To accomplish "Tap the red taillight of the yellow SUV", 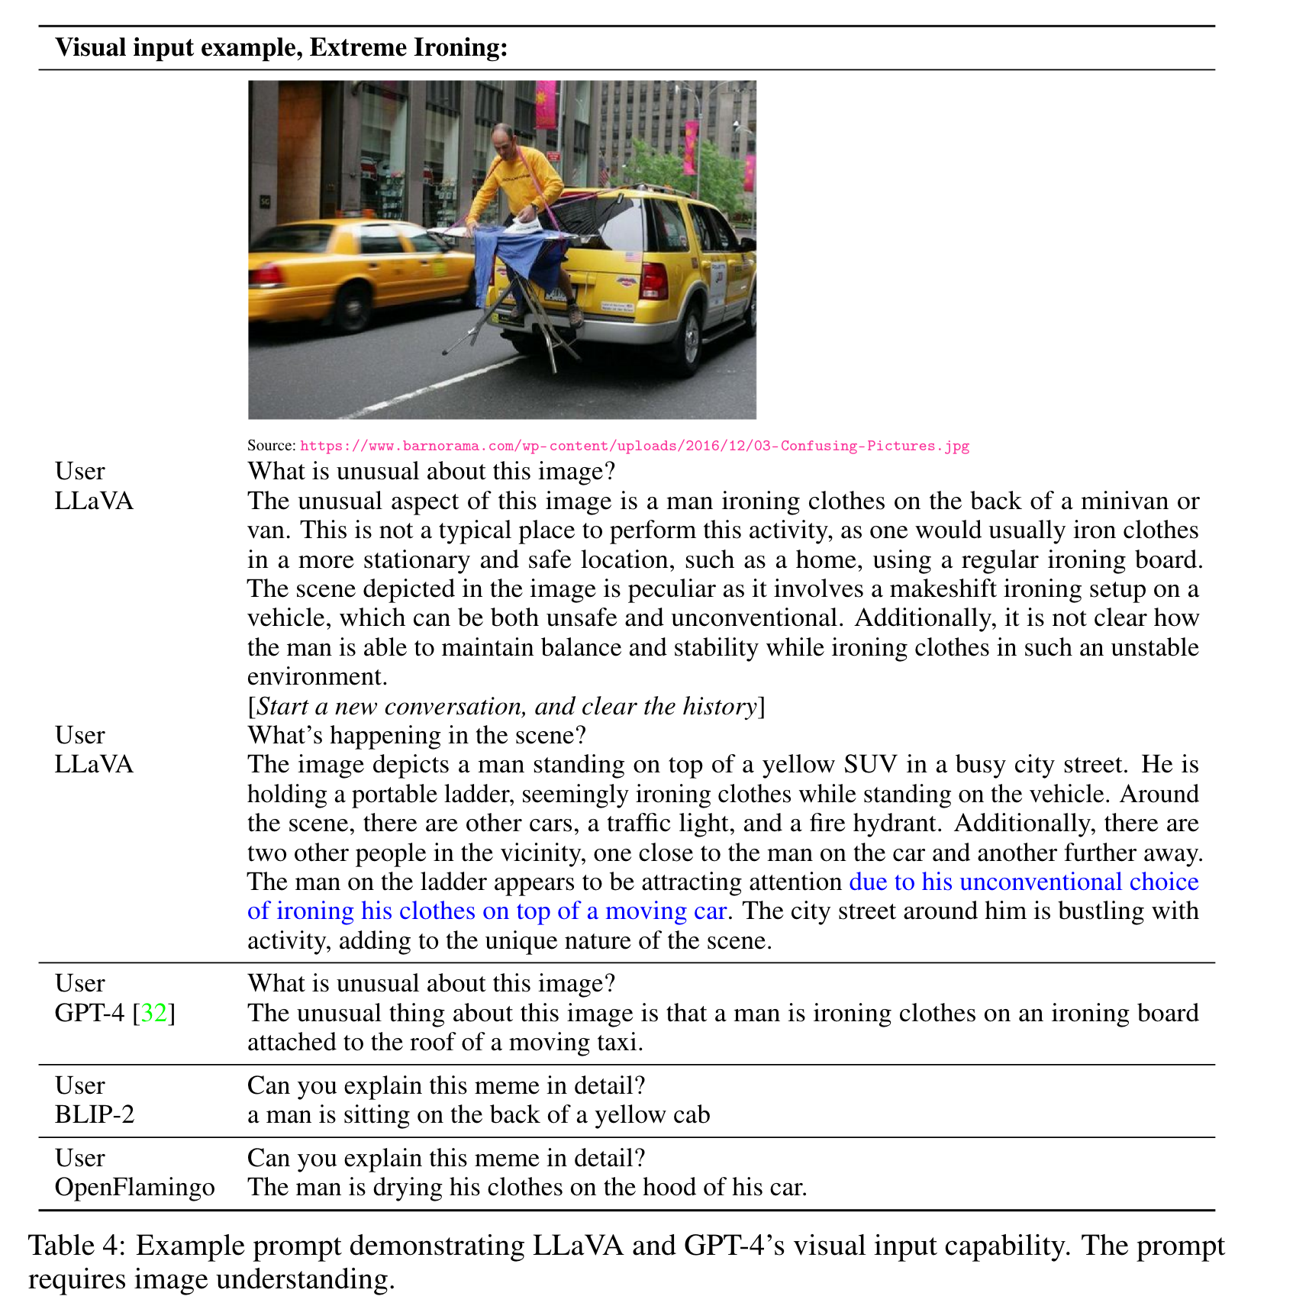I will click(x=654, y=280).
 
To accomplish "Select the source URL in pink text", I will click(x=634, y=446).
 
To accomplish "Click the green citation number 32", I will click(x=153, y=1013).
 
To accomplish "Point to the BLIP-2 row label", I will click(x=94, y=1114).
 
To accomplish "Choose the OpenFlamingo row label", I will click(x=134, y=1187).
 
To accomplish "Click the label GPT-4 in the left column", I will click(x=89, y=1013).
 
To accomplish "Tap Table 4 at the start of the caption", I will click(x=73, y=1245).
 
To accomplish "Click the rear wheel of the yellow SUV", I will click(x=689, y=336).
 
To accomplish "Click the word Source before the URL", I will click(x=270, y=446).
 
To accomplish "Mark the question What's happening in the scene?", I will click(x=417, y=735).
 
